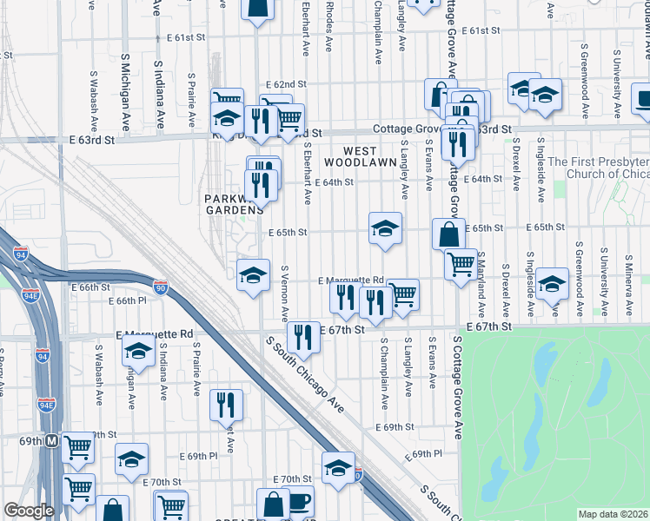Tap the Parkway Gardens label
pos(233,204)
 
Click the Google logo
pos(28,511)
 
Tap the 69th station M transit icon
pos(52,441)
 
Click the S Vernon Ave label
pos(284,291)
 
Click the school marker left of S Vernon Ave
pos(253,275)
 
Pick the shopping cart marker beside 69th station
pos(78,448)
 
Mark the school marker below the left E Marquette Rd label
pos(137,352)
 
